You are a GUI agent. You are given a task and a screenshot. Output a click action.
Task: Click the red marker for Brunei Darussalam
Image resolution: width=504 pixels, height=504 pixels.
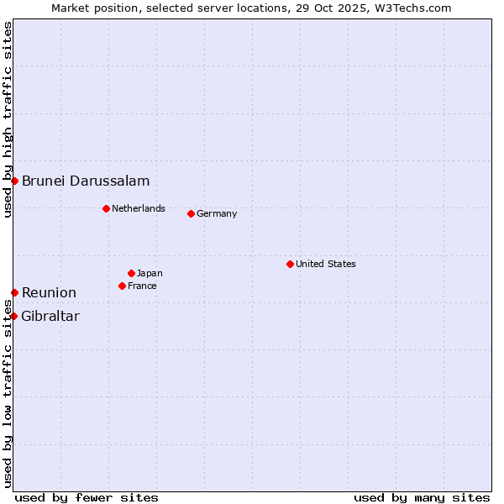14,181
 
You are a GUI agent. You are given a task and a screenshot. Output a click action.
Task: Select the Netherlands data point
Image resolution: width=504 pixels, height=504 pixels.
106,208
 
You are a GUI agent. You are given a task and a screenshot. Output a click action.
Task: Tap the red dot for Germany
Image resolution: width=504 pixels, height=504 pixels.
191,213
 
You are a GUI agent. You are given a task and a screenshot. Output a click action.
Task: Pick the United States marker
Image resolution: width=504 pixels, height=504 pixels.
290,264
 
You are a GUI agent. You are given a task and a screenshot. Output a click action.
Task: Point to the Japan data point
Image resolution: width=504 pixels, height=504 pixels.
131,273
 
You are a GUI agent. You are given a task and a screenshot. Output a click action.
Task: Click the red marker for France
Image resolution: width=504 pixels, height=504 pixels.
122,286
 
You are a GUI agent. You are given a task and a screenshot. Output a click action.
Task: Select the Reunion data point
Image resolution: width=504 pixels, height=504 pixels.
14,292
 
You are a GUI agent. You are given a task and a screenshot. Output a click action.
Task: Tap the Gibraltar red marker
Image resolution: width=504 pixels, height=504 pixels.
14,316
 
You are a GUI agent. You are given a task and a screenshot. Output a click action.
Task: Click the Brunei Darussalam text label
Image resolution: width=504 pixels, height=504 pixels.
86,181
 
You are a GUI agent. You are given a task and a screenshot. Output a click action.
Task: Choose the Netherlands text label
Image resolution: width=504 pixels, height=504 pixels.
139,208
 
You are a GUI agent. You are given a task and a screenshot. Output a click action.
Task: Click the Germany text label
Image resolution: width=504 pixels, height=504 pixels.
217,213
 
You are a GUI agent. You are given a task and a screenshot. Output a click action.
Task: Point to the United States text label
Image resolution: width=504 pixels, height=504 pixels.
326,264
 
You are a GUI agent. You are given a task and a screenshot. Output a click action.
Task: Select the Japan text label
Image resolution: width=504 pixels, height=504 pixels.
150,273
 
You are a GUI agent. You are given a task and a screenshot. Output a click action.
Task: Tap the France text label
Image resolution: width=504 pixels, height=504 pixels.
142,286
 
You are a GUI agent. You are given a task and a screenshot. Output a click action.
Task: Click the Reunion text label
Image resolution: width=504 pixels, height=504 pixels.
49,292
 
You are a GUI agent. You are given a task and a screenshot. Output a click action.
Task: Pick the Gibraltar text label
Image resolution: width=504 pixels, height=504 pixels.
50,316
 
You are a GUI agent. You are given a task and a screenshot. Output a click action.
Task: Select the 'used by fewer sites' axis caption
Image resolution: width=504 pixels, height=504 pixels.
87,497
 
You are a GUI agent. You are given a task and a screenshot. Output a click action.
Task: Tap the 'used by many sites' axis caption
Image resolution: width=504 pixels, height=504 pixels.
422,497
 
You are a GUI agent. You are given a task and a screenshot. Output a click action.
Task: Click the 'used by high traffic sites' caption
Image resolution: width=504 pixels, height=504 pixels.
8,119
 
